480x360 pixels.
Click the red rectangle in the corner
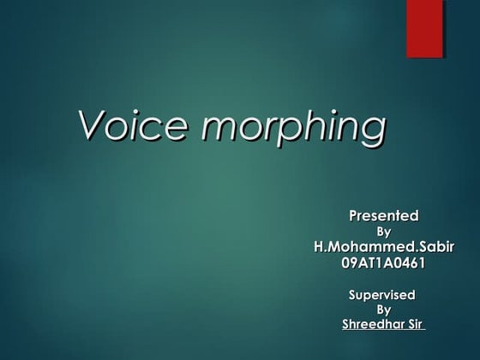pyautogui.click(x=424, y=28)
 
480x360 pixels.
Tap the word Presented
pyautogui.click(x=382, y=215)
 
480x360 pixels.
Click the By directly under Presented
pyautogui.click(x=384, y=231)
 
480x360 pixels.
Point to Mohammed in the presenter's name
pyautogui.click(x=374, y=248)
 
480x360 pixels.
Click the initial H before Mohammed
pyautogui.click(x=320, y=248)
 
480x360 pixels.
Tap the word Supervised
pyautogui.click(x=382, y=295)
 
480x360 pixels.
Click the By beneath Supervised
pyautogui.click(x=384, y=309)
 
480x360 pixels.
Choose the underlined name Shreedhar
pyautogui.click(x=371, y=325)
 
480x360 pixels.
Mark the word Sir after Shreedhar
pyautogui.click(x=413, y=325)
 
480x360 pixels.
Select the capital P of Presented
pyautogui.click(x=352, y=215)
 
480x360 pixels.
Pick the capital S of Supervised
pyautogui.click(x=352, y=295)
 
